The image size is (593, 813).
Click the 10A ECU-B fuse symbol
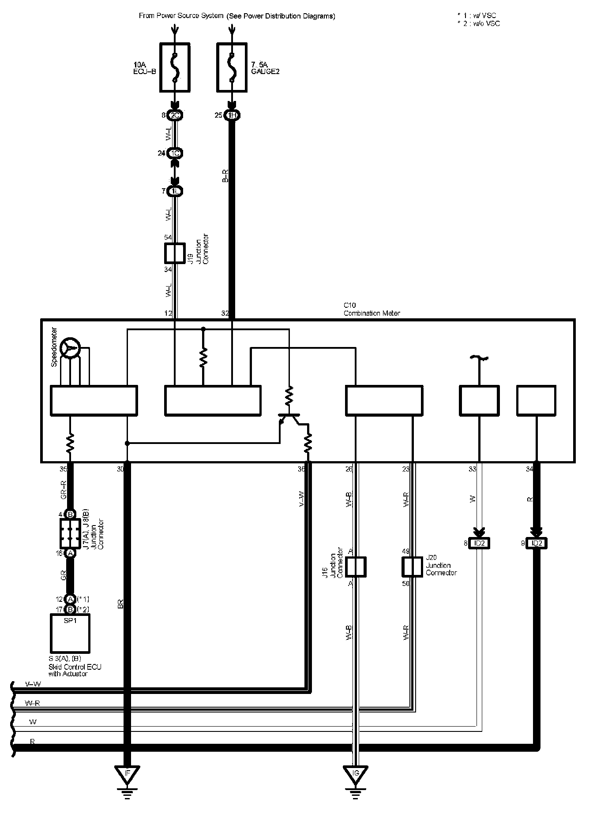coord(175,67)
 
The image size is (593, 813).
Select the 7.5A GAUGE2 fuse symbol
coord(232,67)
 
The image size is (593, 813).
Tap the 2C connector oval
coord(175,116)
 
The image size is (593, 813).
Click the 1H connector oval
coord(232,116)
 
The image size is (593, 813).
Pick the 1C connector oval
coord(175,153)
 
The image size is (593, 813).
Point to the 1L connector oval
coord(175,191)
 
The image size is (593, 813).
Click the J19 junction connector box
coord(175,253)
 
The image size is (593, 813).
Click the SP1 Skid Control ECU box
coord(70,634)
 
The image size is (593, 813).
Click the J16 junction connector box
coord(356,567)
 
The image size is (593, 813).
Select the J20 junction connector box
coord(413,567)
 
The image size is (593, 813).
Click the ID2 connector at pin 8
coord(480,544)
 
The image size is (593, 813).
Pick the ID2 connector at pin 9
coord(537,544)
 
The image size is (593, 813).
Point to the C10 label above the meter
coord(349,305)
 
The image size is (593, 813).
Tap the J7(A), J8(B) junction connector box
coord(70,533)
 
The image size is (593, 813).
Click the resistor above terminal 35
coord(70,443)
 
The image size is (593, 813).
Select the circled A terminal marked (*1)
coord(70,599)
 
